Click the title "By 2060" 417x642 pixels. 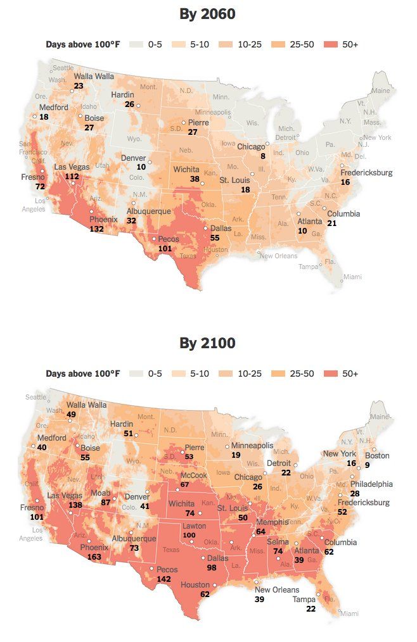pyautogui.click(x=207, y=14)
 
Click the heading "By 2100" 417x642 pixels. pyautogui.click(x=207, y=343)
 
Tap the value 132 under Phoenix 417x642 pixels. pyautogui.click(x=97, y=228)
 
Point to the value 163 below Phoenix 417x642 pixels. pyautogui.click(x=94, y=557)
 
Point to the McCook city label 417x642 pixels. pyautogui.click(x=193, y=475)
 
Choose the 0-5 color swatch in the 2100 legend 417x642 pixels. pyautogui.click(x=136, y=374)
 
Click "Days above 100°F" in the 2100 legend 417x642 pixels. pyautogui.click(x=82, y=374)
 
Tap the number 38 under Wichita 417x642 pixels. pyautogui.click(x=195, y=179)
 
